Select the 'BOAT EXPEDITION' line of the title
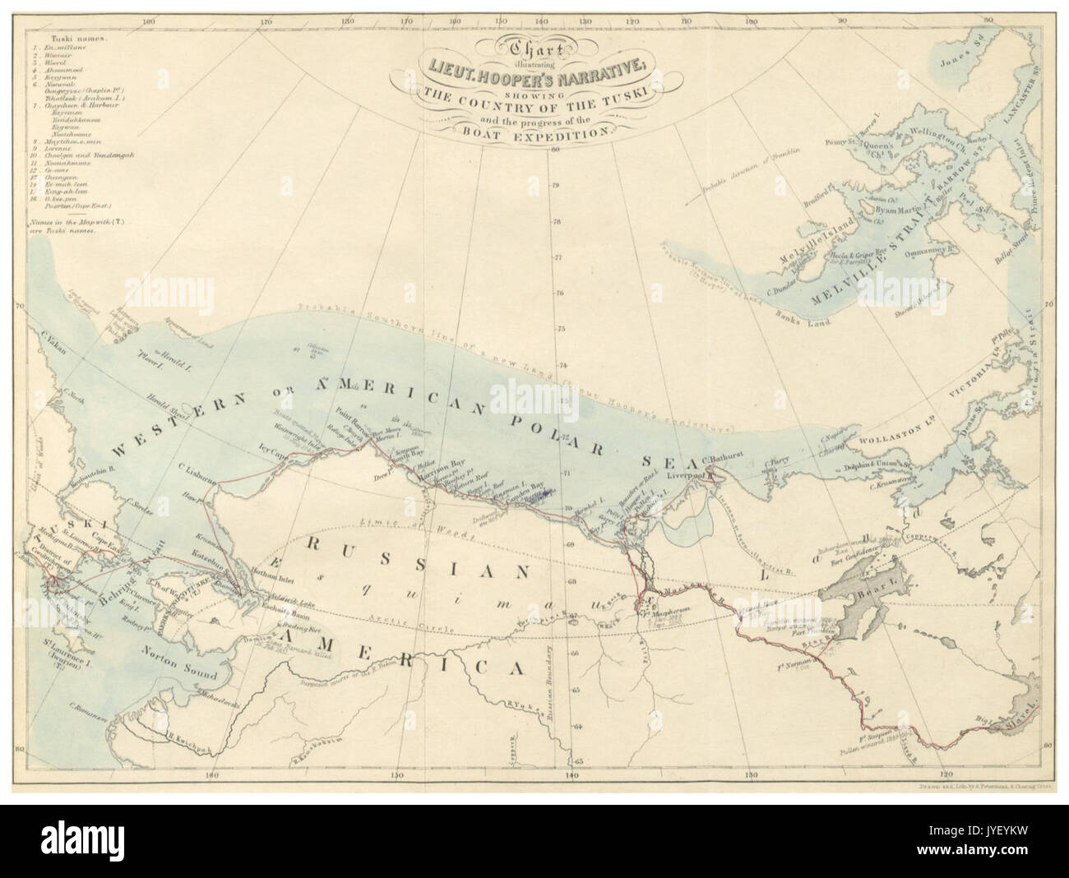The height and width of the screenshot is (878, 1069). (x=539, y=130)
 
